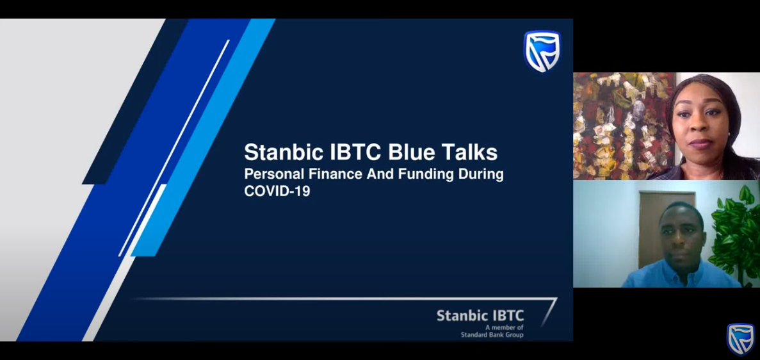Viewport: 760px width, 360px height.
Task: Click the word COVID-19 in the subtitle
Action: (277, 191)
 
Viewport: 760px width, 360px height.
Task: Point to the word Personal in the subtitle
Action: (274, 174)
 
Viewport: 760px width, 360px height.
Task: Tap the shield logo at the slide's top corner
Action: (542, 51)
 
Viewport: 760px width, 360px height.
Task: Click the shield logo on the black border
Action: (741, 339)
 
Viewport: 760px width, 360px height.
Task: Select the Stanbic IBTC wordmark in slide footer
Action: (480, 316)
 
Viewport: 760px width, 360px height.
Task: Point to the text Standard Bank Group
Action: (492, 335)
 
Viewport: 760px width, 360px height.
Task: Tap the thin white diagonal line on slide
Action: (174, 148)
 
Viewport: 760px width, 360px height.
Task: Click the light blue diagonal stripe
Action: (203, 137)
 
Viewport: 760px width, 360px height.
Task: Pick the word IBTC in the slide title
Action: (356, 152)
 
